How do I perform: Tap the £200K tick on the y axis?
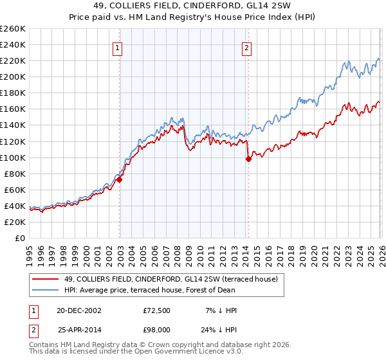tap(12, 76)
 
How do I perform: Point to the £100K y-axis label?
tap(12, 157)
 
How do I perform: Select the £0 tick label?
tap(19, 238)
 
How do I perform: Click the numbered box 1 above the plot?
tap(119, 47)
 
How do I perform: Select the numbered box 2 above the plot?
tap(247, 47)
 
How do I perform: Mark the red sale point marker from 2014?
tap(248, 159)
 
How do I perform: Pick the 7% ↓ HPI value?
tap(223, 310)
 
